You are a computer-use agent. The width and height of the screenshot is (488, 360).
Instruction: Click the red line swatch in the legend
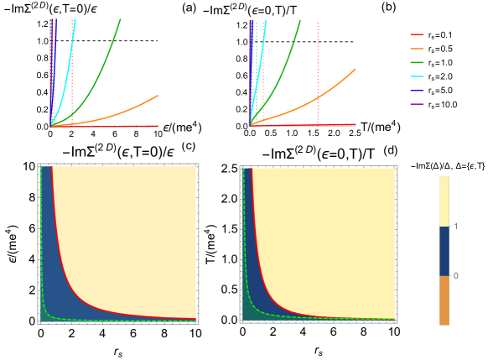click(x=417, y=34)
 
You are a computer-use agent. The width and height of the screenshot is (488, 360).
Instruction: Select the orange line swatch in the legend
click(x=417, y=49)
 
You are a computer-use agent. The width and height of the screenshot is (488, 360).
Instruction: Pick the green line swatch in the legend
click(x=417, y=63)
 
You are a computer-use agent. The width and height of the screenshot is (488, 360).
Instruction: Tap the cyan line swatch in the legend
click(x=417, y=76)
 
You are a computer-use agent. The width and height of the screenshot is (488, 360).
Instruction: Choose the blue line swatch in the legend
click(x=417, y=90)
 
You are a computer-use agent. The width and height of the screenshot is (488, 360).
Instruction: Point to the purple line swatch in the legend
click(x=417, y=104)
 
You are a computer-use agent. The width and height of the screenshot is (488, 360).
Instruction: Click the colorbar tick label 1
click(x=455, y=227)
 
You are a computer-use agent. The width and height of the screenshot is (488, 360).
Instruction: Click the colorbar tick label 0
click(x=455, y=276)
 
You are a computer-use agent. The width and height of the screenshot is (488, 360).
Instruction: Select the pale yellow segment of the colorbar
click(x=444, y=201)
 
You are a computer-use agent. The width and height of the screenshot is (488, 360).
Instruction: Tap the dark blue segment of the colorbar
click(x=444, y=251)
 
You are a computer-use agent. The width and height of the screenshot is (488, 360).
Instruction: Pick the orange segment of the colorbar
click(x=444, y=300)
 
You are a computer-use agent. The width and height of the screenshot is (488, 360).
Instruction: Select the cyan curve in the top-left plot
click(x=68, y=50)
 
